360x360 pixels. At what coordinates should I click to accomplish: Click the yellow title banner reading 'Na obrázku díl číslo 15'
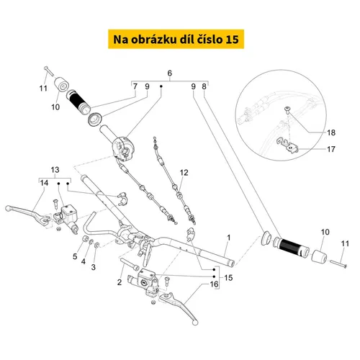(x=176, y=39)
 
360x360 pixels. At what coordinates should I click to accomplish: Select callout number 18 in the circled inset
(x=331, y=132)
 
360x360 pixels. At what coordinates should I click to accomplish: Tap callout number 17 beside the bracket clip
(x=331, y=149)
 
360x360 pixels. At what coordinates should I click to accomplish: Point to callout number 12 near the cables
(x=184, y=172)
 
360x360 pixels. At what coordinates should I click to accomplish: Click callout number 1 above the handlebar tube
(x=229, y=238)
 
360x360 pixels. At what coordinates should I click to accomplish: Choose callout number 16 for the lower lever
(x=214, y=284)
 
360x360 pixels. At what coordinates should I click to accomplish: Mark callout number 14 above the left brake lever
(x=44, y=183)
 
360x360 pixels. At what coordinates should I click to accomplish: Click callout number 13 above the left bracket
(x=55, y=170)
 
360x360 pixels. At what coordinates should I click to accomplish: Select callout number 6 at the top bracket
(x=170, y=73)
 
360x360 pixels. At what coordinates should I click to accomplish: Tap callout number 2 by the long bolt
(x=120, y=282)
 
